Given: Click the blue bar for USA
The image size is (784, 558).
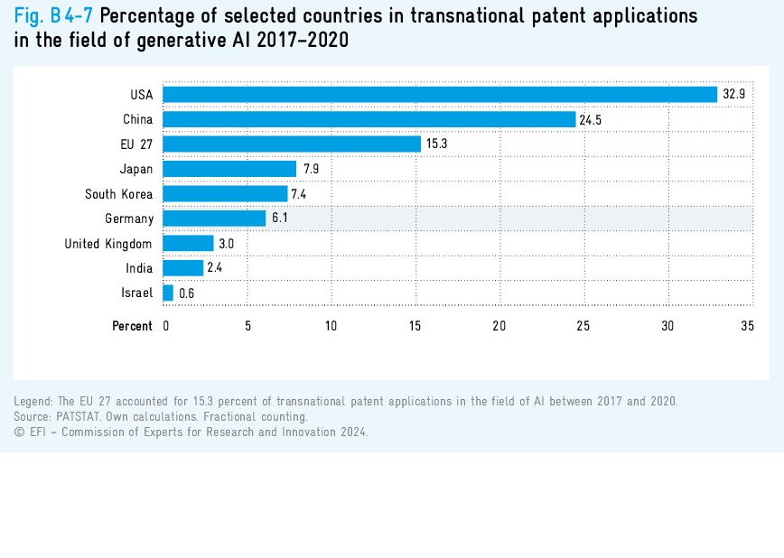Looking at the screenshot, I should tap(439, 94).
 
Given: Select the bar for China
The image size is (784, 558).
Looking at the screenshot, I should tap(369, 119).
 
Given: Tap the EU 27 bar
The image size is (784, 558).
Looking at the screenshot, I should tap(291, 144).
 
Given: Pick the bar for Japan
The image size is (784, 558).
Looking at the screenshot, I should tap(229, 169).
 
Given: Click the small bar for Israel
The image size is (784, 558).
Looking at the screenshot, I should tap(168, 293).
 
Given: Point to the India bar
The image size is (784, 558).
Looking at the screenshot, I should tap(182, 268).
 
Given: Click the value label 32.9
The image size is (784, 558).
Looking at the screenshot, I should tap(733, 94).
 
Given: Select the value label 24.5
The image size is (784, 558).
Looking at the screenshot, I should tap(591, 119).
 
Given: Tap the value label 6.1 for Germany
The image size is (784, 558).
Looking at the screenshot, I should tap(281, 219).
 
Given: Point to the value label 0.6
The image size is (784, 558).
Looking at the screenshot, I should tap(187, 293).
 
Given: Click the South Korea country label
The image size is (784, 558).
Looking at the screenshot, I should tap(119, 194).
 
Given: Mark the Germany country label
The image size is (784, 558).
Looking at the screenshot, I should tap(129, 219).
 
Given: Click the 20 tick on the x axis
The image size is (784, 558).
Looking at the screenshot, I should tap(499, 326).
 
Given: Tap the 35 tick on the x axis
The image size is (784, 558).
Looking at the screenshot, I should tap(747, 326).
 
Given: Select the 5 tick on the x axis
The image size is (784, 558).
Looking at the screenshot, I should tap(248, 326).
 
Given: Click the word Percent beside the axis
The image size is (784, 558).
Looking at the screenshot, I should tap(132, 326).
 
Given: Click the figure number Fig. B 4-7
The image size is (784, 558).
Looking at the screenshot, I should tap(53, 15).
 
